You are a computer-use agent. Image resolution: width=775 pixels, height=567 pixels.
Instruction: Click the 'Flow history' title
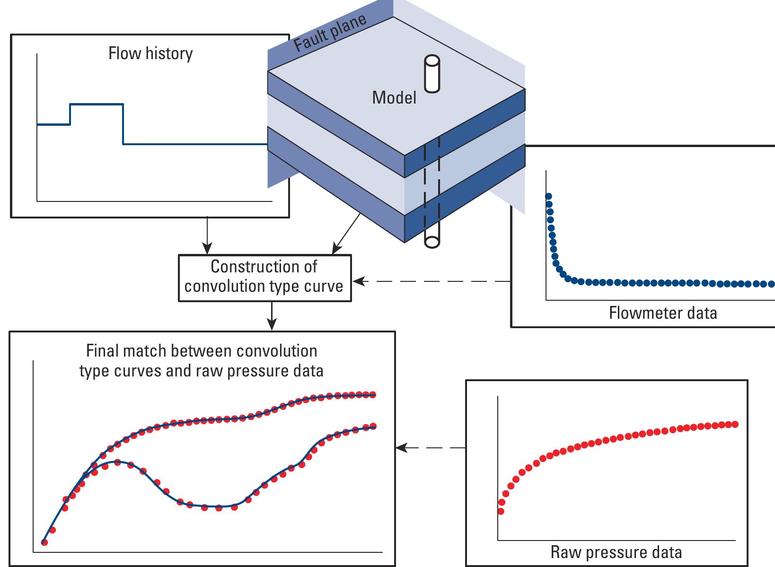point(150,53)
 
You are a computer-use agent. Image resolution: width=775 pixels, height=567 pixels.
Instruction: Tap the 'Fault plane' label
point(330,32)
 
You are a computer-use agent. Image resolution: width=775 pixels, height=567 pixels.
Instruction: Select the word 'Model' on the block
point(394,97)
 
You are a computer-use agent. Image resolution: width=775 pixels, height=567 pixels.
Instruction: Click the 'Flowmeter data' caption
point(662,313)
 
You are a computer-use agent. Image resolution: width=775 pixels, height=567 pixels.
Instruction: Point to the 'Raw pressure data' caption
point(616,552)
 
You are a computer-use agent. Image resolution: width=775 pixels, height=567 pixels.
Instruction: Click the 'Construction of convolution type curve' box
point(264,278)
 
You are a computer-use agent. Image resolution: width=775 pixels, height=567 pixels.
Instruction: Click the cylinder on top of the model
point(432,74)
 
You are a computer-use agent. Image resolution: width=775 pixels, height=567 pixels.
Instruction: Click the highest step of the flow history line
point(97,104)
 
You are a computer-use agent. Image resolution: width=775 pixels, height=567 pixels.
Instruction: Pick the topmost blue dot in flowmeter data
point(549,196)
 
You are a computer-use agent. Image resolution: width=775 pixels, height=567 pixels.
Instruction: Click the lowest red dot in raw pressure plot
point(501,511)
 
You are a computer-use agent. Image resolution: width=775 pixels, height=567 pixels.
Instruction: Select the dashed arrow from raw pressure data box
point(431,447)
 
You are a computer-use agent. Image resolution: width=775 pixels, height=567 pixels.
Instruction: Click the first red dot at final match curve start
point(44,542)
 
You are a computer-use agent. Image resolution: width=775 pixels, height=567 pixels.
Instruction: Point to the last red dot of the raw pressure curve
point(735,424)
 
